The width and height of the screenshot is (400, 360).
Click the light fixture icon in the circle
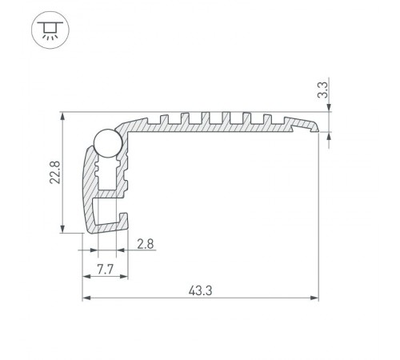(50, 31)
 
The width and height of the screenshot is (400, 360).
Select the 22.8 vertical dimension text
(54, 172)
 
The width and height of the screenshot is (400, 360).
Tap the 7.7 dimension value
(104, 269)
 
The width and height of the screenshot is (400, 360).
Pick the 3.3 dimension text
(323, 90)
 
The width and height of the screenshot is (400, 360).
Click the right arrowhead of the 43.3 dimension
(314, 298)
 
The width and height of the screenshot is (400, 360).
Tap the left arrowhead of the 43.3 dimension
(86, 298)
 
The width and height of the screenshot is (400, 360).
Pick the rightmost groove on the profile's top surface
(276, 119)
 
